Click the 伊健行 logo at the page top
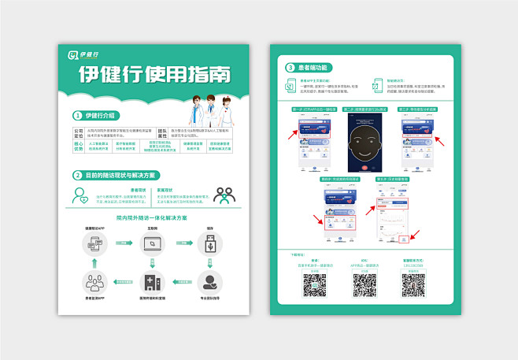[83, 55]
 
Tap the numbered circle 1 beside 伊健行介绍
[77, 115]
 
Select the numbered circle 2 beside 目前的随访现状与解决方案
[77, 175]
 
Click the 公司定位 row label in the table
[78, 132]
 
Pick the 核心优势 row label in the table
[78, 146]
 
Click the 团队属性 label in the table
[162, 132]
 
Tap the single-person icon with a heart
[81, 195]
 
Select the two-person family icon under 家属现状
[224, 195]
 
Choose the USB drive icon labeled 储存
[210, 244]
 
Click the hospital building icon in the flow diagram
[151, 281]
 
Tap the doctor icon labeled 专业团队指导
[210, 281]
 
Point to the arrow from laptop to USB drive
[179, 244]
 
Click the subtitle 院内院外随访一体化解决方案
[152, 217]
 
